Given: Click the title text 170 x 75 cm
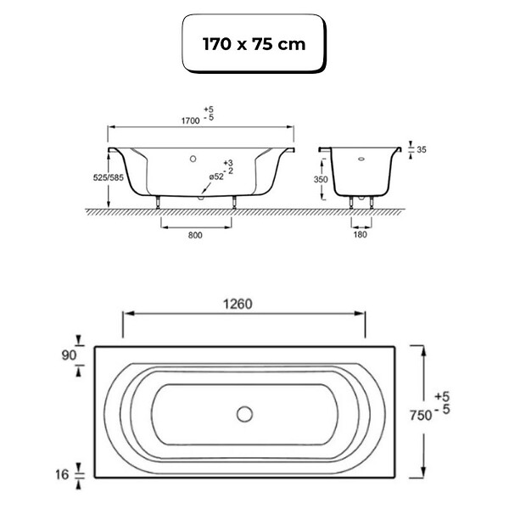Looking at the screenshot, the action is [x=254, y=44].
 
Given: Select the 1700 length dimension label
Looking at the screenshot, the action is [x=190, y=120].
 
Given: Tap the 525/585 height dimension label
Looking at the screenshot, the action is [x=109, y=177].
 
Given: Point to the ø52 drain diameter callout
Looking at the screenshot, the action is [x=216, y=176].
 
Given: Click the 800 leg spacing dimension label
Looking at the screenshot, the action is [x=195, y=235].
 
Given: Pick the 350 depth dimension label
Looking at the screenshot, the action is [x=321, y=180].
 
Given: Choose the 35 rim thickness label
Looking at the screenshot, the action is [x=422, y=149].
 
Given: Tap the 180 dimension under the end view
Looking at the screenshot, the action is [x=360, y=234].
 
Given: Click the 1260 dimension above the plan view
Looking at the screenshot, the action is [x=238, y=305].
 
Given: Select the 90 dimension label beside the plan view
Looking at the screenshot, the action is [x=70, y=355].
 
